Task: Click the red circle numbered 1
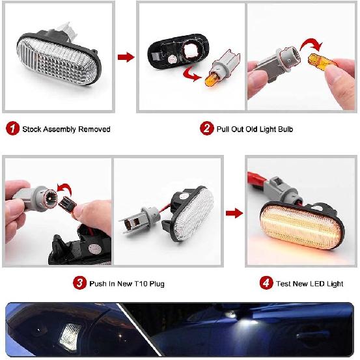tap(12, 129)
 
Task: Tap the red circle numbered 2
tap(206, 129)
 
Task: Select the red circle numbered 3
tap(79, 283)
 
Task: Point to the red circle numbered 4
tap(266, 283)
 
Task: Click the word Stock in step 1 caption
tap(33, 129)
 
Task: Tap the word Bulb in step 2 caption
tap(284, 129)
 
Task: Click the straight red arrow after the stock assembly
tap(126, 57)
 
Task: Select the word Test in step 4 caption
tap(285, 283)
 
